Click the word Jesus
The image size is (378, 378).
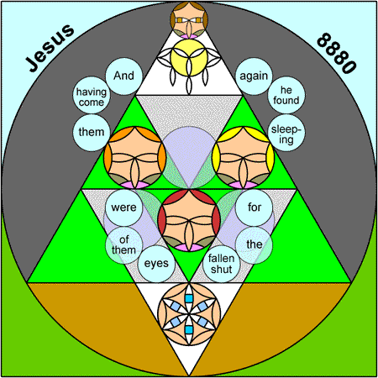[x=50, y=48]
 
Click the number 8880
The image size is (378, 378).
[x=337, y=53]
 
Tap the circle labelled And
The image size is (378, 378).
[x=123, y=76]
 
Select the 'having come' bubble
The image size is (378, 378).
[x=92, y=96]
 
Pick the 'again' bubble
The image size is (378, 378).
[x=254, y=76]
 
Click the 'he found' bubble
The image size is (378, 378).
[x=286, y=95]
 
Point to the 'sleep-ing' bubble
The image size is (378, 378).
[x=286, y=133]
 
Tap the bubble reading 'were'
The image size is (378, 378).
[x=123, y=207]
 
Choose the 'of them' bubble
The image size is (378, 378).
[x=123, y=245]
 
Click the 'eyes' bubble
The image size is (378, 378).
[x=156, y=264]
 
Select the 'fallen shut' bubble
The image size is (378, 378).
[x=222, y=264]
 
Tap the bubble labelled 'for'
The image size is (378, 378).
[x=254, y=207]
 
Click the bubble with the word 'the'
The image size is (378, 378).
[x=254, y=245]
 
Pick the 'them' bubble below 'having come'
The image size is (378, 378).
[x=92, y=133]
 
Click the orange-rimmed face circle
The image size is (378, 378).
[x=135, y=157]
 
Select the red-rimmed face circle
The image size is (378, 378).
[x=189, y=220]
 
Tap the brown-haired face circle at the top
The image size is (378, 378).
[x=189, y=20]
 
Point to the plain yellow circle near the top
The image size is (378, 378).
[x=189, y=58]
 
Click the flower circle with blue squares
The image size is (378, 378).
[x=189, y=314]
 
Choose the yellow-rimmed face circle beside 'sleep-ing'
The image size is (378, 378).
[x=243, y=157]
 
